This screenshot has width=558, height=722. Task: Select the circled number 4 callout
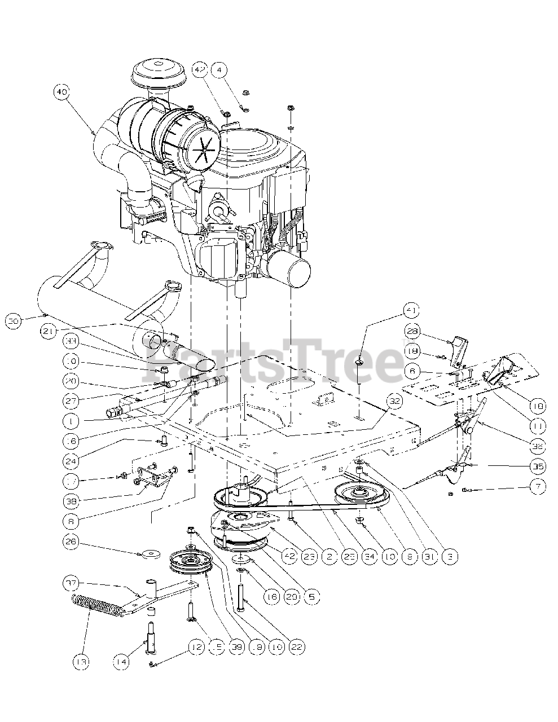[219, 70]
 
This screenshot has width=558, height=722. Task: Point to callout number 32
[394, 402]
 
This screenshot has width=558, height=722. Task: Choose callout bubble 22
[297, 647]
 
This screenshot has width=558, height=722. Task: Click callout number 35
[525, 466]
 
